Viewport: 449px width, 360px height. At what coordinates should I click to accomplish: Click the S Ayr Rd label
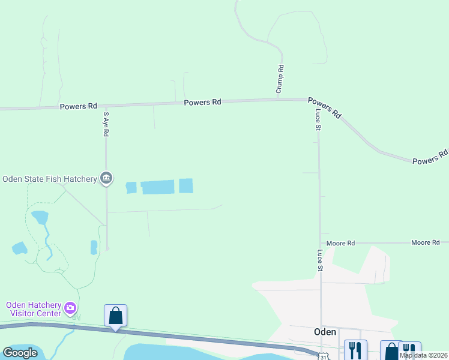[x=106, y=124]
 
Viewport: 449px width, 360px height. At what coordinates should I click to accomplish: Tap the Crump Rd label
[x=280, y=79]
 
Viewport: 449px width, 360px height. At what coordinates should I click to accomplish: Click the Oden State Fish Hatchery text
[x=49, y=179]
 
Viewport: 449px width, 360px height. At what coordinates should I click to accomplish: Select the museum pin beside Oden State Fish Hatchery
[x=106, y=178]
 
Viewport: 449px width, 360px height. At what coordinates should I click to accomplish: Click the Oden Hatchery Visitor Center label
[x=34, y=309]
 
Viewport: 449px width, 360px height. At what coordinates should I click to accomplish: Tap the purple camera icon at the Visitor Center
[x=71, y=308]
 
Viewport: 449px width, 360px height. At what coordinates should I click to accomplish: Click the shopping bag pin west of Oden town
[x=115, y=316]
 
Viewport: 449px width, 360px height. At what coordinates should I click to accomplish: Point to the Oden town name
[x=325, y=331]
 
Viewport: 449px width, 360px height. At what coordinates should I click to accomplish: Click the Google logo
[x=20, y=352]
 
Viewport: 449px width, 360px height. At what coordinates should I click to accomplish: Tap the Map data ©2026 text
[x=423, y=355]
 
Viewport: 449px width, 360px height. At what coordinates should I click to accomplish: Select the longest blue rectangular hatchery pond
[x=157, y=187]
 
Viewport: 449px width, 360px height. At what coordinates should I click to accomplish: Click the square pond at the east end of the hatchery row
[x=186, y=186]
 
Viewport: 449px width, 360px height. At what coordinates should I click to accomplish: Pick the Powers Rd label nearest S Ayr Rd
[x=78, y=106]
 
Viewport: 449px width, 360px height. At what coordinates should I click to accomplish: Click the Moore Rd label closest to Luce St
[x=342, y=243]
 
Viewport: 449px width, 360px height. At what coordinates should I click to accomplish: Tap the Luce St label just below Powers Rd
[x=318, y=119]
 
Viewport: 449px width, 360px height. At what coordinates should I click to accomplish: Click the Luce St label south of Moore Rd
[x=320, y=260]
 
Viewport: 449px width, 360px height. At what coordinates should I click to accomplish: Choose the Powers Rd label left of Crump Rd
[x=202, y=102]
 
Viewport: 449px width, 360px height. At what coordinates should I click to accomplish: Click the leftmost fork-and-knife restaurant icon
[x=354, y=350]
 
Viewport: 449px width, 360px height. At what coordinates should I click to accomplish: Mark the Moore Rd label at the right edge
[x=426, y=242]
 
